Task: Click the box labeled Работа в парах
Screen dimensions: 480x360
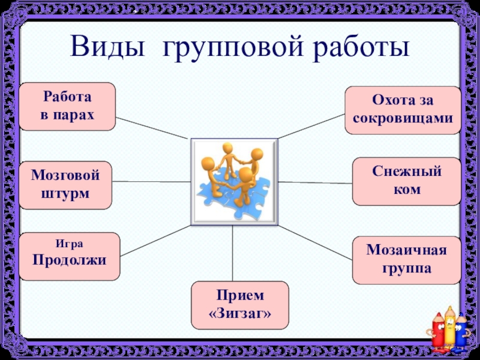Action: [x=67, y=106]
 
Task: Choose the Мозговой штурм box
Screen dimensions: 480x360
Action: [x=65, y=185]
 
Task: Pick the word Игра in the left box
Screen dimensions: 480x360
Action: [x=70, y=244]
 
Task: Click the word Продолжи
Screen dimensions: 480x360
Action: [x=70, y=260]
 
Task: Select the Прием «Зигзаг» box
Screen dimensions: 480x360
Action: [x=239, y=304]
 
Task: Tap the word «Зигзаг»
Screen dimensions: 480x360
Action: [x=239, y=313]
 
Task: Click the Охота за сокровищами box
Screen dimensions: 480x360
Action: [x=403, y=110]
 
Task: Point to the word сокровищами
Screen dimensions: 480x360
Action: [x=403, y=119]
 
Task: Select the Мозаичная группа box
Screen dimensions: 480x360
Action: [x=406, y=260]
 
